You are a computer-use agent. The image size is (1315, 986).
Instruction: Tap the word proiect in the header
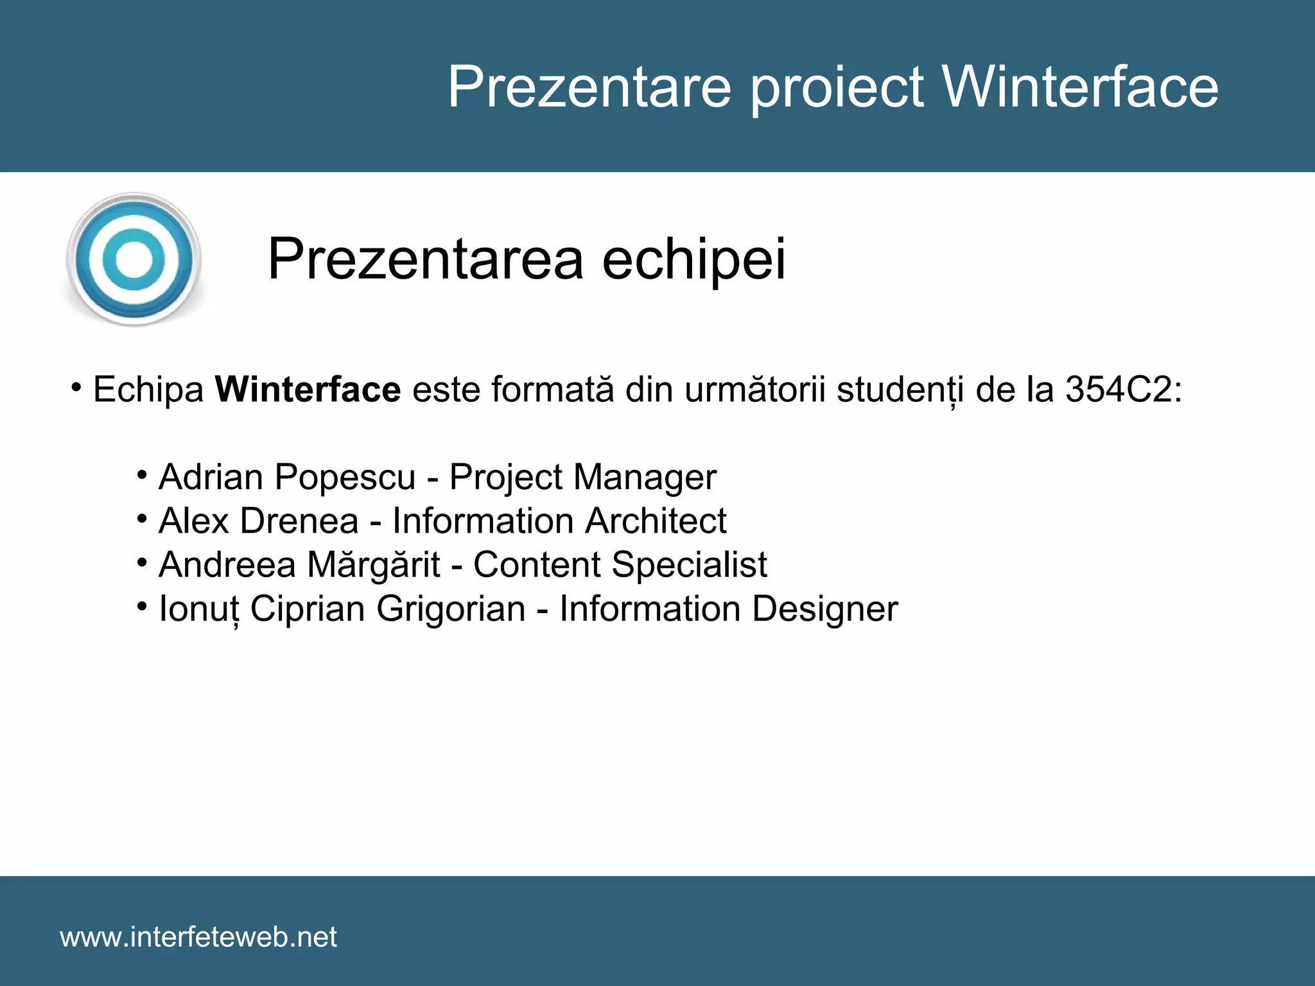point(837,88)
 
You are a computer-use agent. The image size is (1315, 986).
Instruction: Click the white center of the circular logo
point(134,259)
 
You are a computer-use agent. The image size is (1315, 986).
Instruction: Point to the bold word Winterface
point(308,390)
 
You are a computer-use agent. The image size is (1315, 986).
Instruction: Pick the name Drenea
point(299,521)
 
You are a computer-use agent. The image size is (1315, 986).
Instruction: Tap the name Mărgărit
point(373,565)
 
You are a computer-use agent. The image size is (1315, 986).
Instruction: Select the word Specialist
point(688,565)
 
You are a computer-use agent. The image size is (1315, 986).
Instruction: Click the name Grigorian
point(451,609)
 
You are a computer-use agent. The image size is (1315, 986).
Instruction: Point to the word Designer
point(824,609)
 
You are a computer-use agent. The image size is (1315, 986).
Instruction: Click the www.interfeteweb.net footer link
point(198,937)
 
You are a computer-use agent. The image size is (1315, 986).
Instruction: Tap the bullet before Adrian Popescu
point(142,476)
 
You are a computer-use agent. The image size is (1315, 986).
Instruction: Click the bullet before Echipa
point(76,388)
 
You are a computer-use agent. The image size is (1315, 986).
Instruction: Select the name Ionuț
point(198,609)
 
